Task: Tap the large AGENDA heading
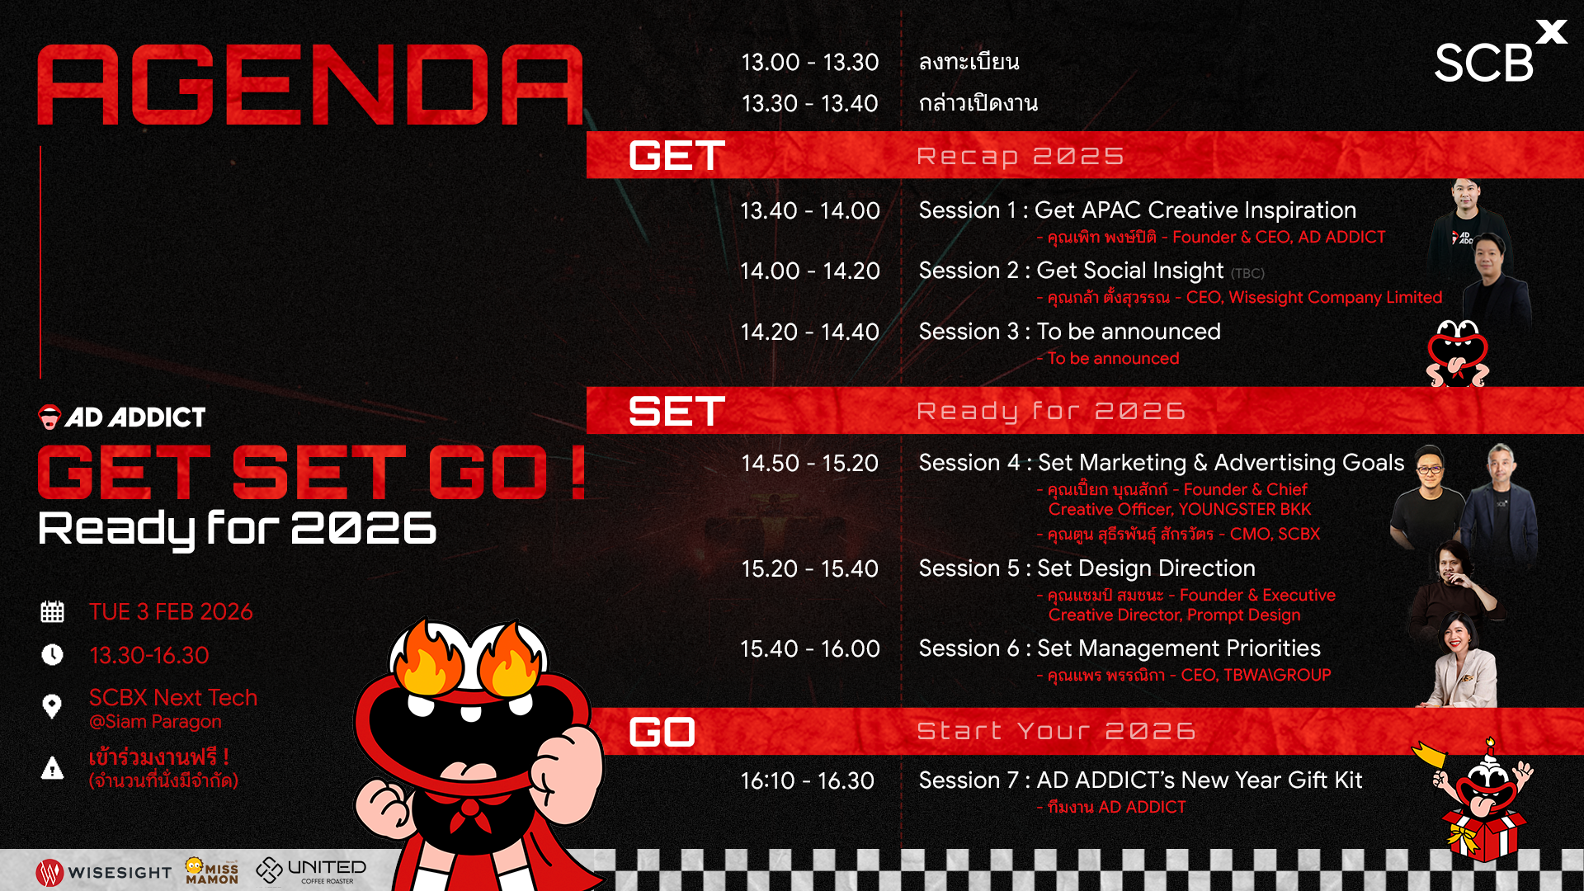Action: [310, 84]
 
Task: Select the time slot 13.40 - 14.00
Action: [809, 210]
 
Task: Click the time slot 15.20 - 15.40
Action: [809, 568]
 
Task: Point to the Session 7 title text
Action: [1140, 780]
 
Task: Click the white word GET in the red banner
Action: [676, 156]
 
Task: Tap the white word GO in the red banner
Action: [662, 732]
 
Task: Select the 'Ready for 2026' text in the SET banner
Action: [1051, 411]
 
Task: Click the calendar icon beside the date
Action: [52, 611]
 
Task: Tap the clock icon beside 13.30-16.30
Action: [52, 654]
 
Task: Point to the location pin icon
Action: [52, 706]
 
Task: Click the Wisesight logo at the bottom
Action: [104, 872]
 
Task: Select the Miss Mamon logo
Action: [212, 870]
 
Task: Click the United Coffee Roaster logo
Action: [311, 870]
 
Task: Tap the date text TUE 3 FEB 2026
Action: [171, 611]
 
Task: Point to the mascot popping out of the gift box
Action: [1481, 800]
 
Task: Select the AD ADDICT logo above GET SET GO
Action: [122, 417]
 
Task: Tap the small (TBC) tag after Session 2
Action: [1247, 273]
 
